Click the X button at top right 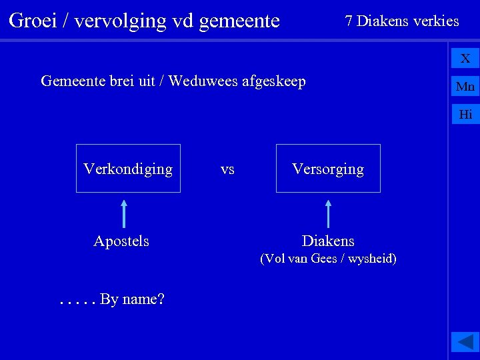pos(465,59)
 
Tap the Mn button pos(465,86)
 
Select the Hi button pos(465,114)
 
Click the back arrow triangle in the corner pos(465,342)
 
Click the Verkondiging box pos(128,169)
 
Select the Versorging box pos(328,169)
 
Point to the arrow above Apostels pos(124,214)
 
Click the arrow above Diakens pos(328,214)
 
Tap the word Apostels pos(121,241)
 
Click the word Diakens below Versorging pos(328,241)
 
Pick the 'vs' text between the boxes pos(227,169)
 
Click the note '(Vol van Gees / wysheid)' pos(328,259)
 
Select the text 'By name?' pos(132,299)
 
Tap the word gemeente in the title pos(239,21)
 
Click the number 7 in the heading pos(349,21)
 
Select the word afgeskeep pos(274,81)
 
